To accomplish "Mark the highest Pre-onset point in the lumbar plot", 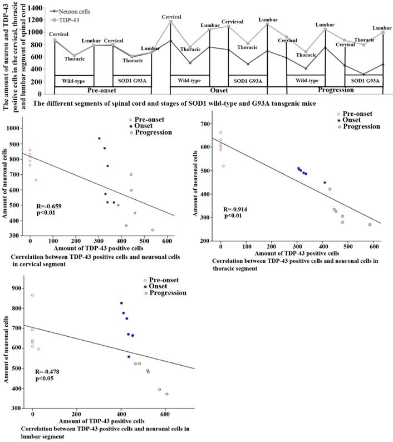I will point(32,295).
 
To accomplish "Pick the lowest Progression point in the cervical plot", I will point(153,230).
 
